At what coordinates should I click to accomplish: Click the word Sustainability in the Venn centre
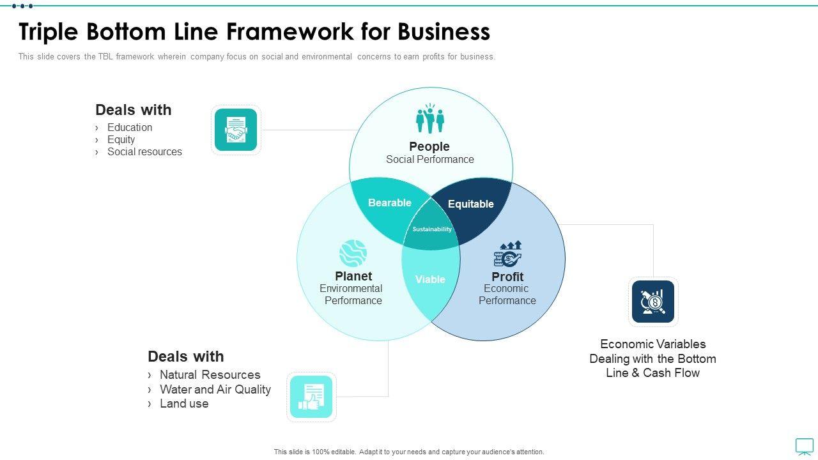[432, 229]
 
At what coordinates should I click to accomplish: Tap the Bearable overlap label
[390, 203]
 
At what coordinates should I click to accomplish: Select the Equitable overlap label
[471, 204]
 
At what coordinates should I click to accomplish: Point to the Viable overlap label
[430, 279]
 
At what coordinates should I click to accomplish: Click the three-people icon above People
[430, 119]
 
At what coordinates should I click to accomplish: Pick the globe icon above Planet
[353, 253]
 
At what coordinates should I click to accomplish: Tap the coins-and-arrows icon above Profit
[508, 254]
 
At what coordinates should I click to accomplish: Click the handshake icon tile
[236, 130]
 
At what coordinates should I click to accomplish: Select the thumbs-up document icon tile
[311, 397]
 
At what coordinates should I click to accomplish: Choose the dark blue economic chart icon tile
[653, 302]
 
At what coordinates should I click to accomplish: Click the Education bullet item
[130, 127]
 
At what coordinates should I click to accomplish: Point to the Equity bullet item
[121, 139]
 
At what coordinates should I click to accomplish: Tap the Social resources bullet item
[144, 151]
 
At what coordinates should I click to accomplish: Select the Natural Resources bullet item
[210, 374]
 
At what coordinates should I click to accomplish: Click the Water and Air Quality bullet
[215, 389]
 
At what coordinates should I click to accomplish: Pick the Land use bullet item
[184, 403]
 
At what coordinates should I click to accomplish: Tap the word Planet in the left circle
[353, 276]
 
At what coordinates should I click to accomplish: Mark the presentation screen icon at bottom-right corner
[804, 446]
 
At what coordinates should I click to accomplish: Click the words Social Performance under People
[430, 159]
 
